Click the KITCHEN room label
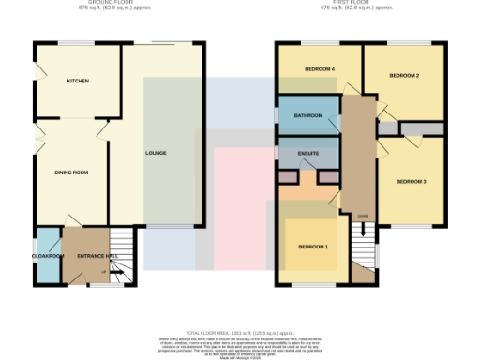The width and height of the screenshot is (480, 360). coord(78,82)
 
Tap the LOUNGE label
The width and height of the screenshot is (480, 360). coord(156,152)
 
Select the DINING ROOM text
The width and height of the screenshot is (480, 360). coord(70,172)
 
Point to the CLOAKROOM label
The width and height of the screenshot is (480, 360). coord(47,255)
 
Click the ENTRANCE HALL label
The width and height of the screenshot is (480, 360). coord(96,255)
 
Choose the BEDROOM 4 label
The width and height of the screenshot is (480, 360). coord(320,69)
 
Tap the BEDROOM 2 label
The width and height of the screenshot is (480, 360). coord(404,75)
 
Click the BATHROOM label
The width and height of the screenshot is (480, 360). coord(308,115)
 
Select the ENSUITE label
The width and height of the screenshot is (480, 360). coord(308,152)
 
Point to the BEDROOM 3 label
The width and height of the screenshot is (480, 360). coord(411,181)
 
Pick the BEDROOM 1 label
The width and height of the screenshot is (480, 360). coord(313,246)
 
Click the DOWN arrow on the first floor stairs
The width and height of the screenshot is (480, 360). coord(362,221)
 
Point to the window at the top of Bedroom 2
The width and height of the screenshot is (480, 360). coord(404,43)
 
